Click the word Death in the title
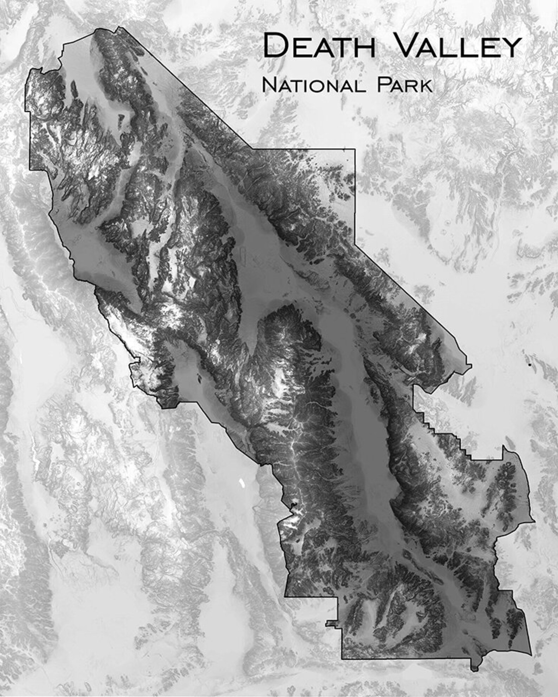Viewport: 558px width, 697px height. (319, 45)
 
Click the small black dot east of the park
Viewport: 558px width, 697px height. (530, 365)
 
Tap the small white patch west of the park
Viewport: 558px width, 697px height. (241, 483)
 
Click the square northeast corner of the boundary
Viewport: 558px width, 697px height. (355, 150)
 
